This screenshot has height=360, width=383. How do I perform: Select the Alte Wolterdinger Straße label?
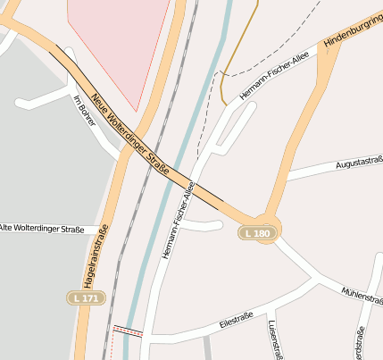42,230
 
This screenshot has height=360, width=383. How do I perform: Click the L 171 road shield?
86,297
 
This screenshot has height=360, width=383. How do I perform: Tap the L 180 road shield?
256,233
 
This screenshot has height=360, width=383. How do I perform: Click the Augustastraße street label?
359,163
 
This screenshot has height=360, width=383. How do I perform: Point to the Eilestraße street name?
237,321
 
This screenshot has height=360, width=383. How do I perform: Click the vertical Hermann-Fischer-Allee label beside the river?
178,221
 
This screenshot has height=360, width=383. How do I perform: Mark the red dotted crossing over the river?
127,331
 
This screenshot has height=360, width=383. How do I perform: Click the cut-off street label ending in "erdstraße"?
361,344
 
